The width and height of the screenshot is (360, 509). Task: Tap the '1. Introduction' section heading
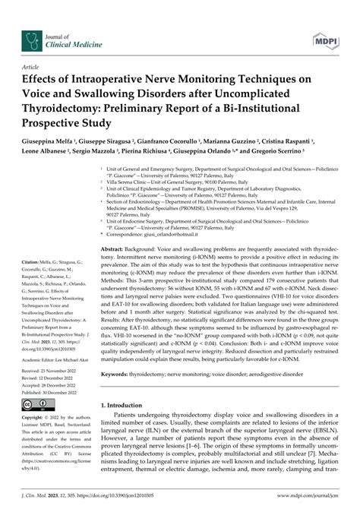pos(128,417)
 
